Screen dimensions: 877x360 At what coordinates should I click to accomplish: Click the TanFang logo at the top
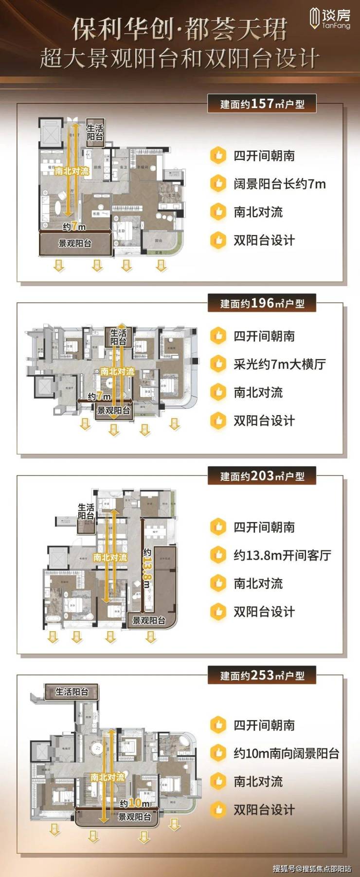pyautogui.click(x=330, y=19)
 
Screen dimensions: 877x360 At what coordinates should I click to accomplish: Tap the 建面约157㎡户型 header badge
pyautogui.click(x=262, y=104)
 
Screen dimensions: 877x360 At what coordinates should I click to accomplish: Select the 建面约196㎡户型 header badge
pyautogui.click(x=262, y=303)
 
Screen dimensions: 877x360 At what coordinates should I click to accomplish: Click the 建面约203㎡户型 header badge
pyautogui.click(x=262, y=475)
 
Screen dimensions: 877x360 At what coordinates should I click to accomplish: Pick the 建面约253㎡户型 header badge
pyautogui.click(x=262, y=675)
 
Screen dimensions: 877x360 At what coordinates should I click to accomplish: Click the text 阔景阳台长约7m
pyautogui.click(x=279, y=184)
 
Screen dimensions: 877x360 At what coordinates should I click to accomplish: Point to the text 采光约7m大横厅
pyautogui.click(x=279, y=364)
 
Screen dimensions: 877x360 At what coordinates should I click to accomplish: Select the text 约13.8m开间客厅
pyautogui.click(x=282, y=555)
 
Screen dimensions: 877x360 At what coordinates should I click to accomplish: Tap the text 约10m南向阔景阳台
pyautogui.click(x=286, y=753)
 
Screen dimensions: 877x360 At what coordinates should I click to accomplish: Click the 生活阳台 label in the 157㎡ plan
pyautogui.click(x=95, y=132)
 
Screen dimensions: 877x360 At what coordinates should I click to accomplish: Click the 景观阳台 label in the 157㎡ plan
pyautogui.click(x=75, y=243)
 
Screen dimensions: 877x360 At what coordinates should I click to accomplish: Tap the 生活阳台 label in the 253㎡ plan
pyautogui.click(x=72, y=692)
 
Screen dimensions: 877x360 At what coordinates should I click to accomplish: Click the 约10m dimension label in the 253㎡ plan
pyautogui.click(x=134, y=803)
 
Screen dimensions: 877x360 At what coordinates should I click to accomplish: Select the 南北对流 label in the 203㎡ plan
pyautogui.click(x=110, y=557)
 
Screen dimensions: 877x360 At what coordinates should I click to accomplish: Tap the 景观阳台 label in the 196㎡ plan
pyautogui.click(x=113, y=410)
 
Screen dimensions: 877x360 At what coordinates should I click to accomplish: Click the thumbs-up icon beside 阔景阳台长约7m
pyautogui.click(x=218, y=184)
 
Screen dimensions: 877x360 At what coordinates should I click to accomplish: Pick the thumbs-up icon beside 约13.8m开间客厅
pyautogui.click(x=218, y=555)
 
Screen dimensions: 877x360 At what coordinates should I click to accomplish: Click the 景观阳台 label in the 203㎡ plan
pyautogui.click(x=149, y=621)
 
